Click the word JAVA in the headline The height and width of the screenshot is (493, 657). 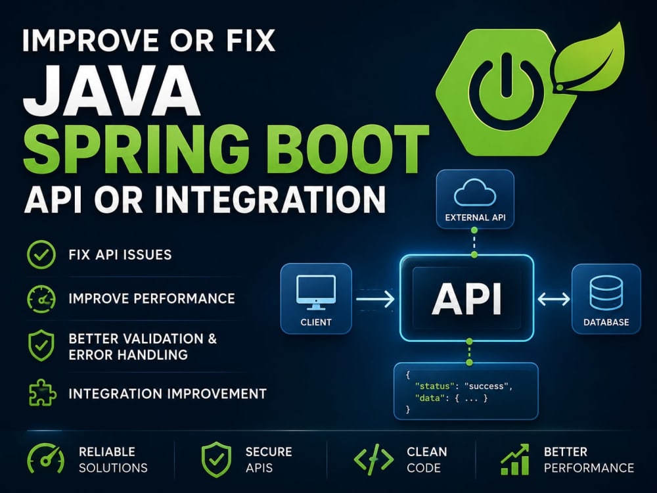112,90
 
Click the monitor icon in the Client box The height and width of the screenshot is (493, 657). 315,293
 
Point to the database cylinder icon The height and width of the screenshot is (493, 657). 606,293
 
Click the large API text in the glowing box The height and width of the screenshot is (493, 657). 466,298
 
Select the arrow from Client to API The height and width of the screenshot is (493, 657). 375,299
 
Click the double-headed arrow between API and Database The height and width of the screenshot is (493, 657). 553,299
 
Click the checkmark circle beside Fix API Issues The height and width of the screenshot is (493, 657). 41,254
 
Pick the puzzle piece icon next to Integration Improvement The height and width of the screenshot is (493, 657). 42,393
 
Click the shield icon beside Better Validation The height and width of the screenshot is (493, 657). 41,346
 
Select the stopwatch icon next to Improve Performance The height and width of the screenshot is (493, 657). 41,299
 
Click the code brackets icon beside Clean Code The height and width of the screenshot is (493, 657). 374,459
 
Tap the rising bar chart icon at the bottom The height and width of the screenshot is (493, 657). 514,459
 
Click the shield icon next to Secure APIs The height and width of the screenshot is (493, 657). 216,459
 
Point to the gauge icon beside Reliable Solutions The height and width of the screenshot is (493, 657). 46,459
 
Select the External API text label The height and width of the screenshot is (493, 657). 475,218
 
